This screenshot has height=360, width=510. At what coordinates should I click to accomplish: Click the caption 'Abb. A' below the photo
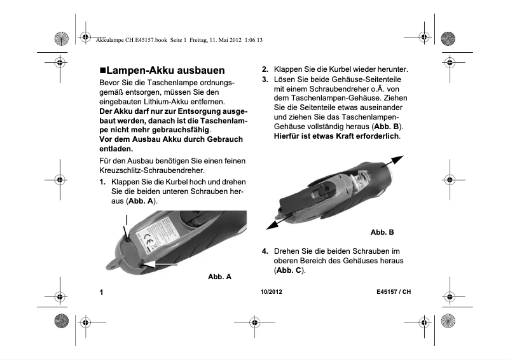click(219, 277)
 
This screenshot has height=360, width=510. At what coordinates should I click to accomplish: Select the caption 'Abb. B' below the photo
click(382, 232)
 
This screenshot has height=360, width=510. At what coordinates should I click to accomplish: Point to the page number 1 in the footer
click(102, 293)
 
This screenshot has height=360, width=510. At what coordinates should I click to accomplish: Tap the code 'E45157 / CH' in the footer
click(394, 292)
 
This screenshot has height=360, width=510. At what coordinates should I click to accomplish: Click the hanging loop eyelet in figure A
click(113, 263)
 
